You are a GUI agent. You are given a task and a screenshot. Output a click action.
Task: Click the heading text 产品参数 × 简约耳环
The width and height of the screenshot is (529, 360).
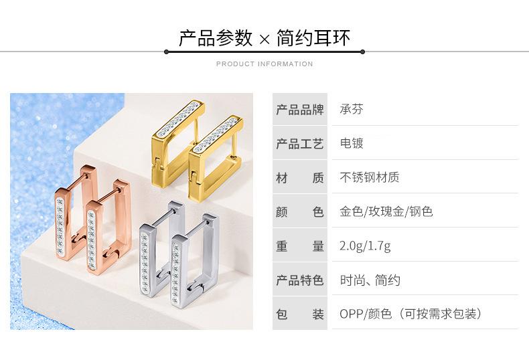[x=264, y=37]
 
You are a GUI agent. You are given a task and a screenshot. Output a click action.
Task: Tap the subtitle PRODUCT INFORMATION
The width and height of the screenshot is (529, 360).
[x=264, y=64]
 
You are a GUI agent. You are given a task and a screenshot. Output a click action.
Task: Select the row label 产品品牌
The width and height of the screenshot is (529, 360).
[x=299, y=110]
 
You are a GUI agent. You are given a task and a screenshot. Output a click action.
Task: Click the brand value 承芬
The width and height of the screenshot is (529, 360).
[x=352, y=110]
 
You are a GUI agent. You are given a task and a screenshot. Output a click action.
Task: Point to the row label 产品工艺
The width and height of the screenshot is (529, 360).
[x=299, y=144]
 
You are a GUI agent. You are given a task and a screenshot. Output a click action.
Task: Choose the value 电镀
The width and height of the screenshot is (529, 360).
[x=352, y=144]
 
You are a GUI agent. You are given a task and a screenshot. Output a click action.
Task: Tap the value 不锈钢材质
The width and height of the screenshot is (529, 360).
[x=370, y=178]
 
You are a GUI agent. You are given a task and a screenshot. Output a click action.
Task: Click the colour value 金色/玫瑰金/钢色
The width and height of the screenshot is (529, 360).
[x=386, y=212]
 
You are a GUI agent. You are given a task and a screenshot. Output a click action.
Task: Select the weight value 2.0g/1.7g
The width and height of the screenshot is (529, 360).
[x=365, y=246]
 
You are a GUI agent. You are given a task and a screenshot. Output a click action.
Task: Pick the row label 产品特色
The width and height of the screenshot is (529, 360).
[x=299, y=280]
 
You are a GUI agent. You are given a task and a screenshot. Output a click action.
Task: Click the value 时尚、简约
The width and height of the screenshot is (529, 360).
[x=370, y=280]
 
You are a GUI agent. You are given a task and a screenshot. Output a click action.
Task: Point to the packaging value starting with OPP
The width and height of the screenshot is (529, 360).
[x=410, y=314]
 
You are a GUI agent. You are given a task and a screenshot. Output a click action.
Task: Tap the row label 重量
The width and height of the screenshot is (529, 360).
[x=299, y=246]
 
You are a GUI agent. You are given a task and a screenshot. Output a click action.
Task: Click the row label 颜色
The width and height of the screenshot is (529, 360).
[x=299, y=212]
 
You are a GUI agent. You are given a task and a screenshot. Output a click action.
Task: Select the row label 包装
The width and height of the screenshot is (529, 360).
[x=299, y=314]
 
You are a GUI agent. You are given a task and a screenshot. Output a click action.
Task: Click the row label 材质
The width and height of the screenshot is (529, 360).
[x=299, y=178]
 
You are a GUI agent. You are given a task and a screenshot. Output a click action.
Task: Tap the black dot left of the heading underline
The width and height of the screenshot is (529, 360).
[x=166, y=52]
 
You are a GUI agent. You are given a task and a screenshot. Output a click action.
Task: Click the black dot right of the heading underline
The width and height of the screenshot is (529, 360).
[x=362, y=52]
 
